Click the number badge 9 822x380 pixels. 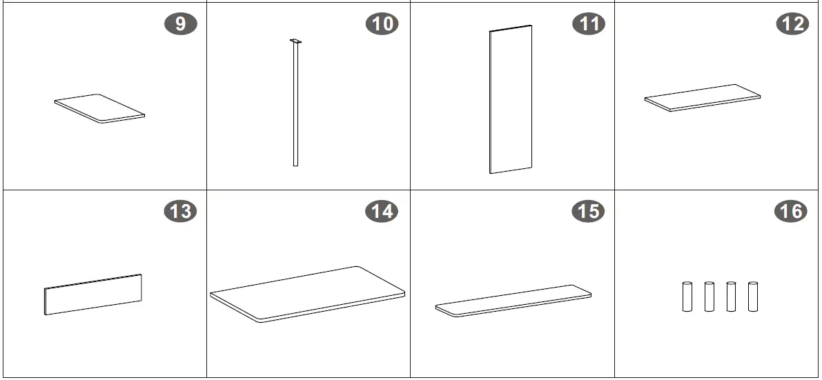pyautogui.click(x=181, y=24)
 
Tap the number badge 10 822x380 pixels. pyautogui.click(x=382, y=24)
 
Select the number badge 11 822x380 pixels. pyautogui.click(x=588, y=24)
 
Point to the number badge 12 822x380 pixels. pyautogui.click(x=792, y=24)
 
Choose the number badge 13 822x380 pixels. pyautogui.click(x=181, y=211)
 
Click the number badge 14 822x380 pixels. pyautogui.click(x=382, y=211)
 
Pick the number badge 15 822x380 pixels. pyautogui.click(x=588, y=211)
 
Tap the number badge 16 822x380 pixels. pyautogui.click(x=791, y=211)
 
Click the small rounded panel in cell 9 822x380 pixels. pyautogui.click(x=99, y=108)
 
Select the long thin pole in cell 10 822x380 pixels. pyautogui.click(x=295, y=105)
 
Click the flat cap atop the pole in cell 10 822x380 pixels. pyautogui.click(x=295, y=41)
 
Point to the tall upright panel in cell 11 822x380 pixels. pyautogui.click(x=511, y=99)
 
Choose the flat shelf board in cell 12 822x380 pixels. pyautogui.click(x=703, y=98)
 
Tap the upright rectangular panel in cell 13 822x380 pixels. pyautogui.click(x=93, y=294)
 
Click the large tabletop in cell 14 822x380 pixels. pyautogui.click(x=308, y=294)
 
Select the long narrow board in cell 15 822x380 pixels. pyautogui.click(x=513, y=301)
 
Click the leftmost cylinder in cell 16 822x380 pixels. pyautogui.click(x=687, y=297)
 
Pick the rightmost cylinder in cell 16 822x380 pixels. pyautogui.click(x=753, y=297)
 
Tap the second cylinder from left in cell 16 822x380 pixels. pyautogui.click(x=710, y=297)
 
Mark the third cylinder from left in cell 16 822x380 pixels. pyautogui.click(x=732, y=297)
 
